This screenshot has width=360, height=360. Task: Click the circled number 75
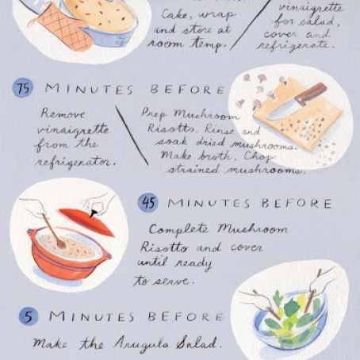click(24, 89)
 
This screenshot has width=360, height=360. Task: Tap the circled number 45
click(147, 203)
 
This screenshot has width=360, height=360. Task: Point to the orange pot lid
click(86, 220)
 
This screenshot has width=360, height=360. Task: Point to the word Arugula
click(141, 343)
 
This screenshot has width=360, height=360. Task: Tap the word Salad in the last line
click(198, 343)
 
